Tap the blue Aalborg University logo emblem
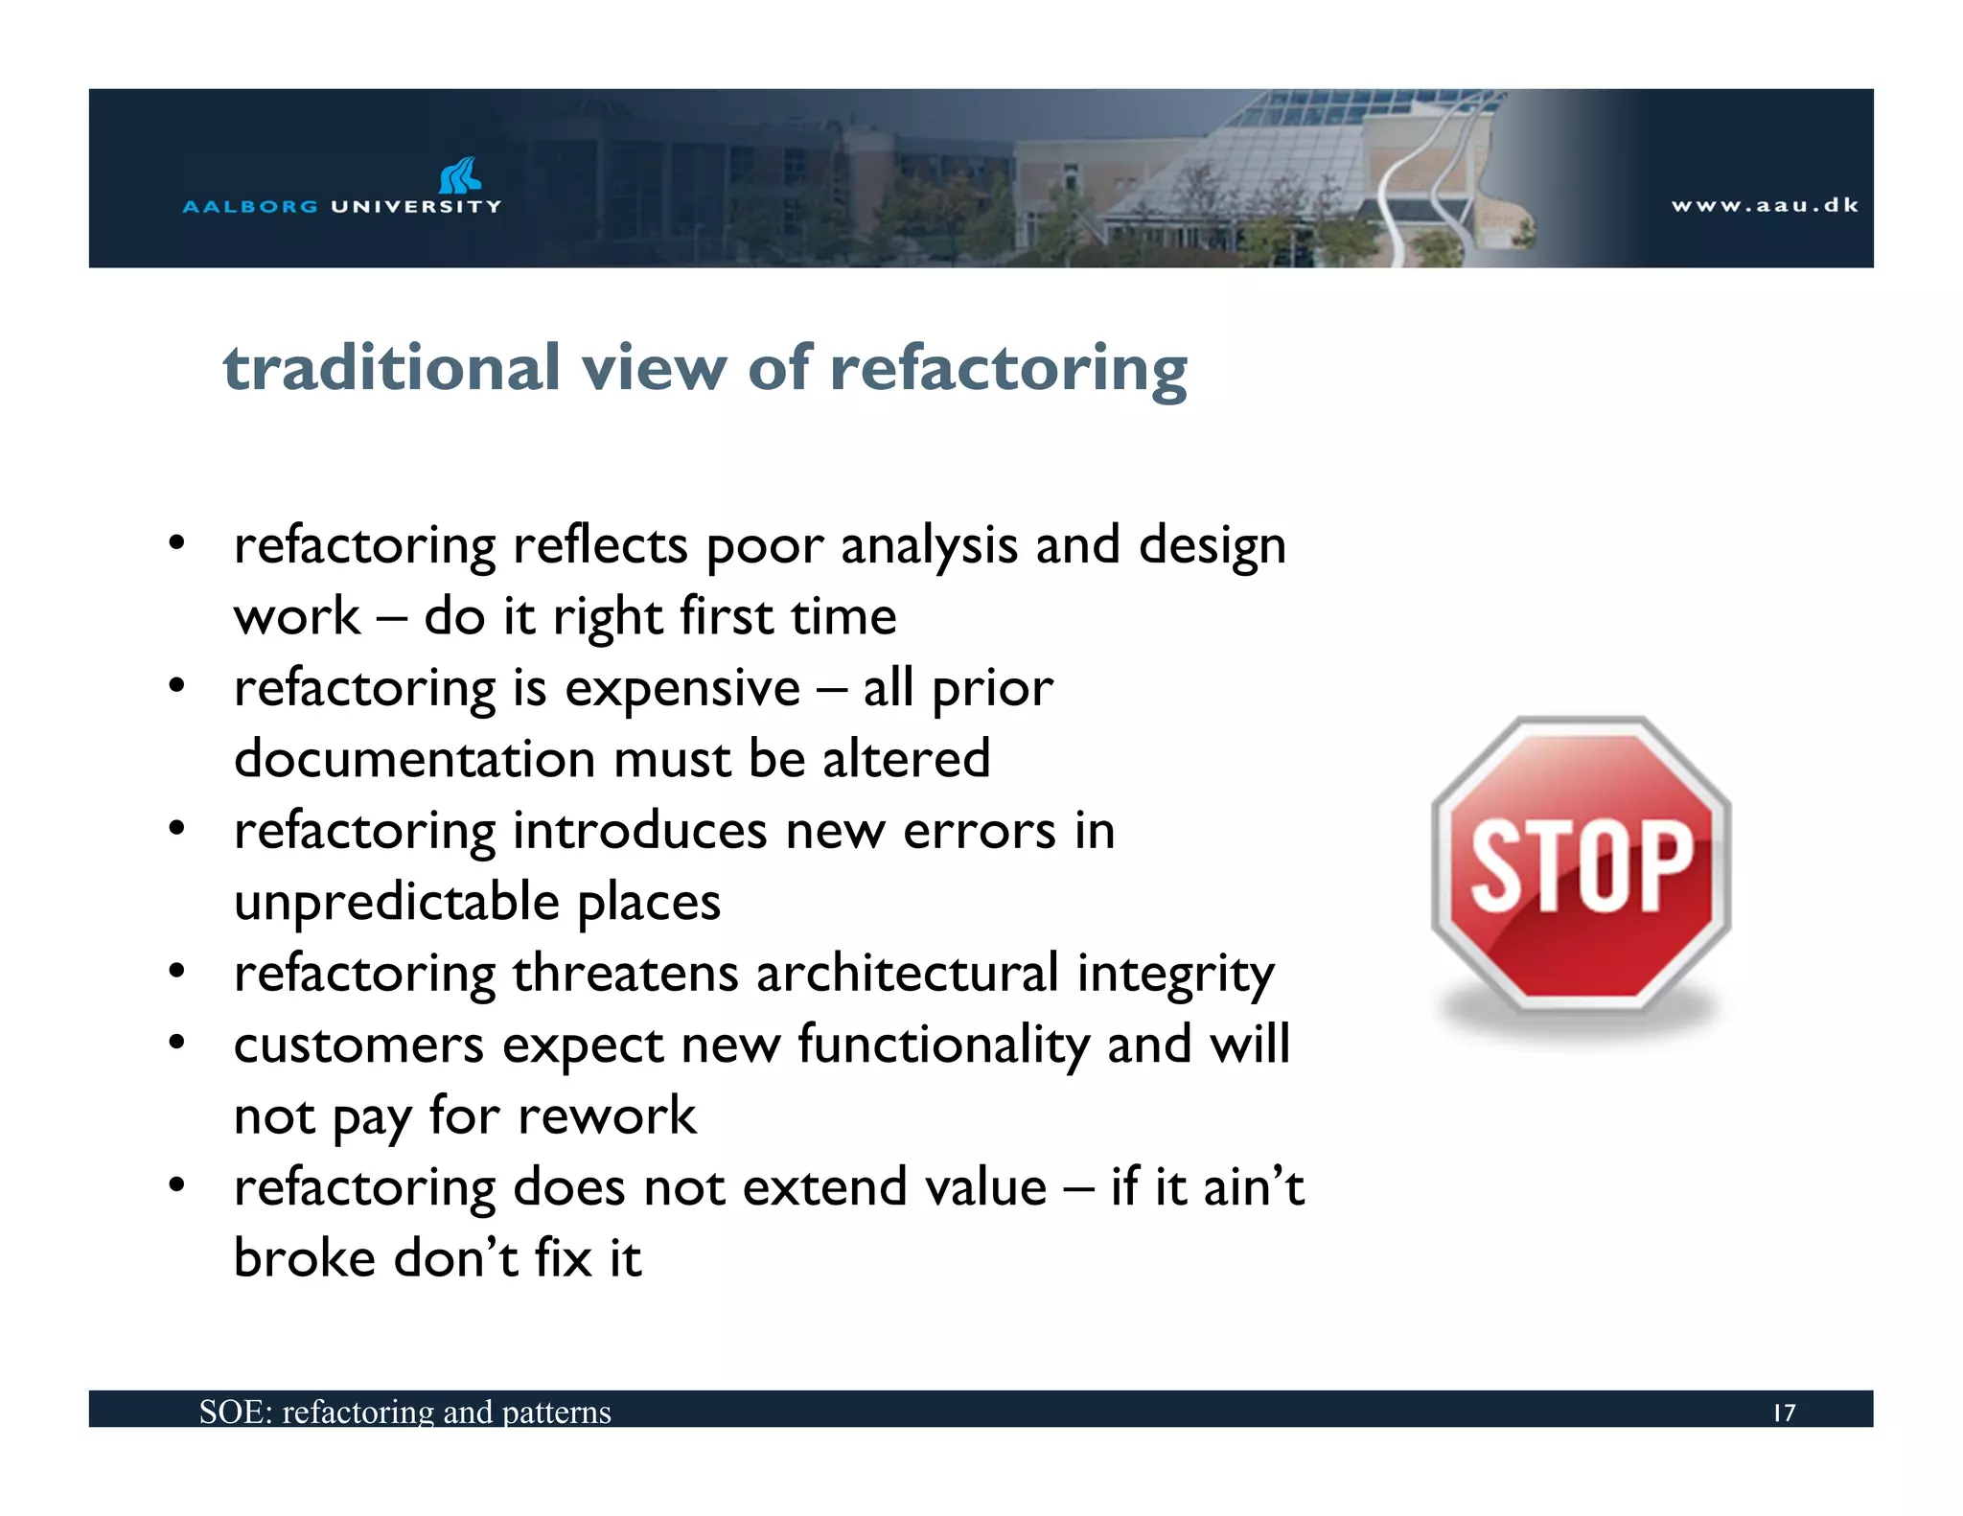pyautogui.click(x=459, y=175)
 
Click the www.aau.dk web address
pyautogui.click(x=1765, y=205)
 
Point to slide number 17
pyautogui.click(x=1784, y=1413)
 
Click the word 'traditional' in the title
pyautogui.click(x=391, y=369)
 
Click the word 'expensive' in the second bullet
pyautogui.click(x=681, y=688)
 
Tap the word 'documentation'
pyautogui.click(x=414, y=759)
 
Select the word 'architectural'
pyautogui.click(x=907, y=974)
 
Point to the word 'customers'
pyautogui.click(x=358, y=1045)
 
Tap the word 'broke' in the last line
pyautogui.click(x=304, y=1258)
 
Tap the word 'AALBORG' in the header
pyautogui.click(x=250, y=206)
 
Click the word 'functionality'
pyautogui.click(x=943, y=1045)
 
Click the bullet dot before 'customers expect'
pyautogui.click(x=176, y=1042)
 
